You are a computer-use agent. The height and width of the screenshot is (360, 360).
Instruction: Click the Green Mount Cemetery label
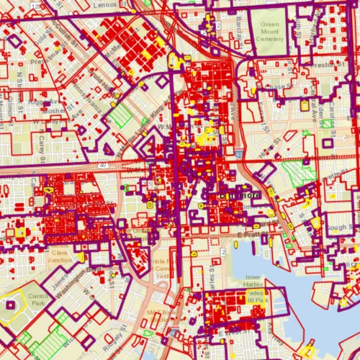click(x=272, y=33)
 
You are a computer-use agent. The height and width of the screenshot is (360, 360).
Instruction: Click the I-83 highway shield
click(x=238, y=153)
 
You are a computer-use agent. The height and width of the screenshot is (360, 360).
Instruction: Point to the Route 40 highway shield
click(x=106, y=166)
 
